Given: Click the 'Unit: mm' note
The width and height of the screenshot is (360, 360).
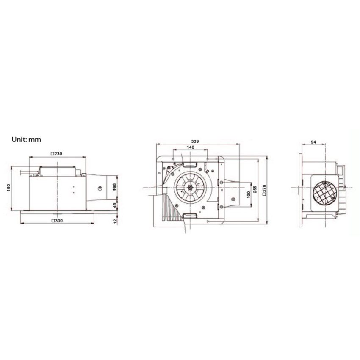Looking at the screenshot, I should (26, 139).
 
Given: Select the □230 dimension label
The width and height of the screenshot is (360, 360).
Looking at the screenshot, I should (57, 154).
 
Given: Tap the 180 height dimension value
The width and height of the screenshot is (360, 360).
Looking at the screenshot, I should (9, 187).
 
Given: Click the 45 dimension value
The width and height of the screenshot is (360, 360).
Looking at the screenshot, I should (114, 205).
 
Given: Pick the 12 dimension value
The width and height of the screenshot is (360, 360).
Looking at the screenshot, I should (114, 220).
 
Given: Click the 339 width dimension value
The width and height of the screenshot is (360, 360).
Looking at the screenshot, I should (195, 141).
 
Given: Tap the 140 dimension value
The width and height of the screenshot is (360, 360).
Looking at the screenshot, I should (190, 147).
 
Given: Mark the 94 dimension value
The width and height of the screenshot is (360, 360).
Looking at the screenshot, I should (313, 143).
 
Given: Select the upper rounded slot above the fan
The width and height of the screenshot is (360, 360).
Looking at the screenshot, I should (190, 163).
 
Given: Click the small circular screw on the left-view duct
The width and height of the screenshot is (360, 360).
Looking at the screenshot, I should (101, 188).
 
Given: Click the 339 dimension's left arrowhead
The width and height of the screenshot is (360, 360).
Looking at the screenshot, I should (158, 144).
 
